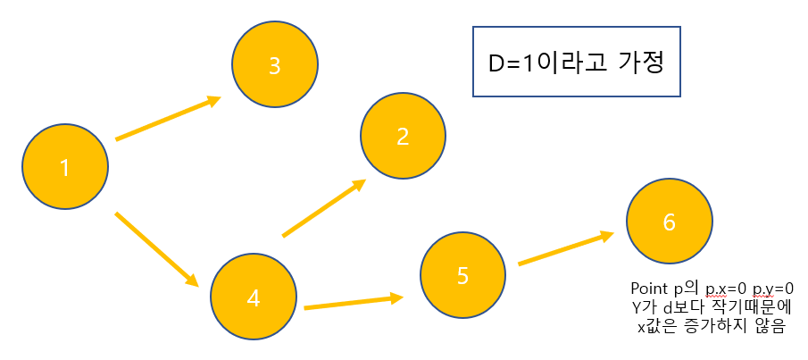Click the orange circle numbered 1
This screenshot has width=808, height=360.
(x=64, y=167)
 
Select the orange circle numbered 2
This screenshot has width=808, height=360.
(x=403, y=136)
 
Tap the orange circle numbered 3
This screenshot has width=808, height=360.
(x=274, y=64)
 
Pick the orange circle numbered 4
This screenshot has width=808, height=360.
(x=253, y=298)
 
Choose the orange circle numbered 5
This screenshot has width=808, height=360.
(x=462, y=275)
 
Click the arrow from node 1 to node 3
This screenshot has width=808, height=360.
(x=168, y=119)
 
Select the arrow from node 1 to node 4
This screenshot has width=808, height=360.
(x=156, y=249)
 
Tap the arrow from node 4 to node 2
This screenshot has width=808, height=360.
(x=324, y=208)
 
